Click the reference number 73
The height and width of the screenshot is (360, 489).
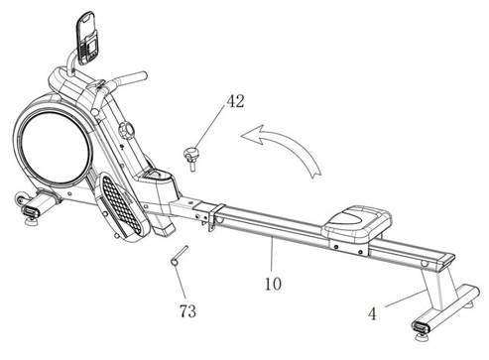click(x=185, y=312)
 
